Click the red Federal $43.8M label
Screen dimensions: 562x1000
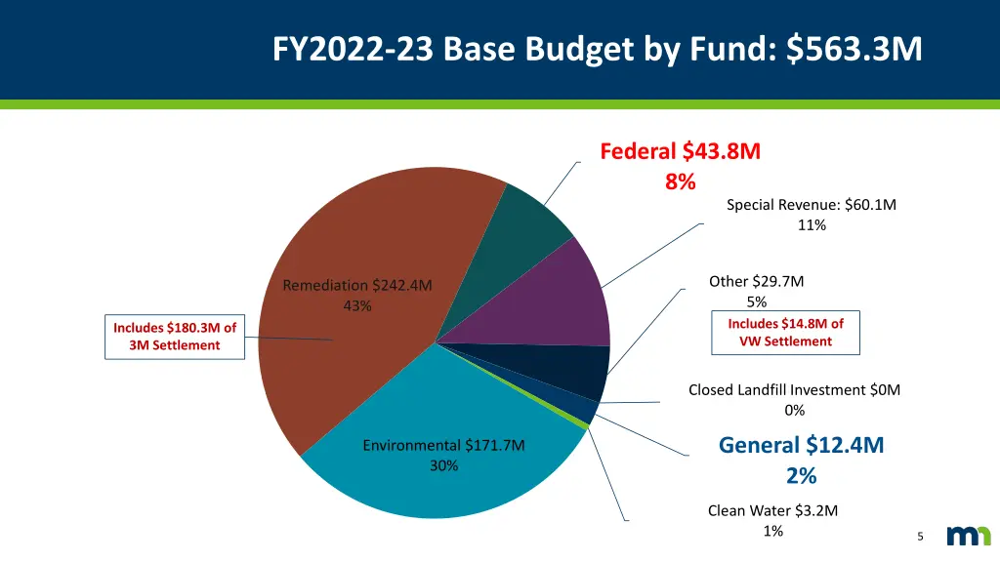pyautogui.click(x=680, y=151)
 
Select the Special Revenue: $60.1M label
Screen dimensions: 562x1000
pyautogui.click(x=811, y=205)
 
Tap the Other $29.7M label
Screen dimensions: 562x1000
pyautogui.click(x=757, y=282)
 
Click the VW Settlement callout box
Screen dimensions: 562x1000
pyautogui.click(x=785, y=332)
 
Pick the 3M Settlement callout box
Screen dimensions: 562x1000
pyautogui.click(x=175, y=337)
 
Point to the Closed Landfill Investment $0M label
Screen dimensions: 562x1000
pyautogui.click(x=794, y=390)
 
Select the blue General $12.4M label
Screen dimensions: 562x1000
pyautogui.click(x=801, y=446)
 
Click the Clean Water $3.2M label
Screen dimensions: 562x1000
pyautogui.click(x=772, y=510)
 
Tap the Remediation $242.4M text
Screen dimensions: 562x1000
pyautogui.click(x=357, y=286)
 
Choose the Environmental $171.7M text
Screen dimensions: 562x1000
pyautogui.click(x=443, y=446)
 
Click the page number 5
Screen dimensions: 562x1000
pyautogui.click(x=920, y=537)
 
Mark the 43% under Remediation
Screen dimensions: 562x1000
pyautogui.click(x=357, y=306)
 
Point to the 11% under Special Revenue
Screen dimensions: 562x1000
pyautogui.click(x=811, y=225)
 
